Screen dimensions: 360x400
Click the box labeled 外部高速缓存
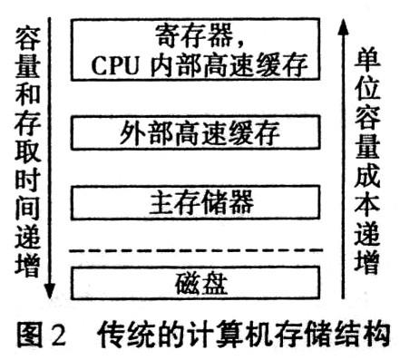(x=197, y=137)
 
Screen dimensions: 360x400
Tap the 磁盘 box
(x=197, y=283)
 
